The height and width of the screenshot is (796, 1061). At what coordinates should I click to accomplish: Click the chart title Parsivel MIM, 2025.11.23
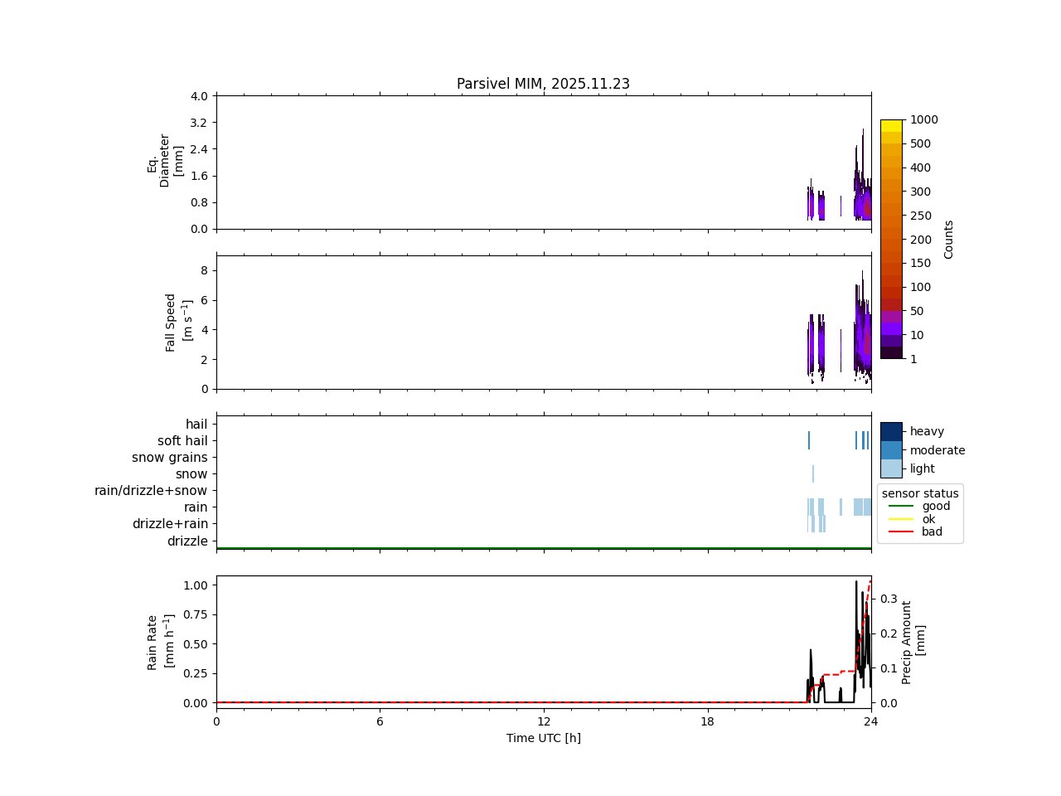coord(543,84)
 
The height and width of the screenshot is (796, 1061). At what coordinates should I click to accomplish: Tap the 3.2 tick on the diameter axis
coord(199,123)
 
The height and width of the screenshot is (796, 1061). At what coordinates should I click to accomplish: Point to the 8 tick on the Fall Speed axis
coord(203,270)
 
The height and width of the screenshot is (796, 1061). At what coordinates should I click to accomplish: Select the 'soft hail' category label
coord(182,441)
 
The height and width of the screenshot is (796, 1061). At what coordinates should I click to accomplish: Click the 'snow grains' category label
coord(169,458)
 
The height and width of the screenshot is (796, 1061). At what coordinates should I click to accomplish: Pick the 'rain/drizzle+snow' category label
coord(151,491)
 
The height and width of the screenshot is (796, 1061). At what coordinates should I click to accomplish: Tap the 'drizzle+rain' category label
coord(170,524)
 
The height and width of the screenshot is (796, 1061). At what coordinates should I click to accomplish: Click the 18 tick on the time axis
coord(707,721)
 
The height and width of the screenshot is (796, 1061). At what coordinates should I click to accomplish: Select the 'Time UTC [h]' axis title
coord(543,738)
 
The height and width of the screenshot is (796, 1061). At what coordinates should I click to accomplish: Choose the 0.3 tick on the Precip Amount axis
coord(889,598)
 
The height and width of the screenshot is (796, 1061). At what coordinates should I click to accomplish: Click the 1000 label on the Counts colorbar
coord(923,120)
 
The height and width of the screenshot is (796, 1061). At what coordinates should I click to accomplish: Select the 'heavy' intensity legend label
coord(927,431)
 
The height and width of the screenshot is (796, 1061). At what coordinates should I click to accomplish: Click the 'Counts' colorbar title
coord(949,239)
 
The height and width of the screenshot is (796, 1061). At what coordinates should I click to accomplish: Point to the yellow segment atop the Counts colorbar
coord(891,126)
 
